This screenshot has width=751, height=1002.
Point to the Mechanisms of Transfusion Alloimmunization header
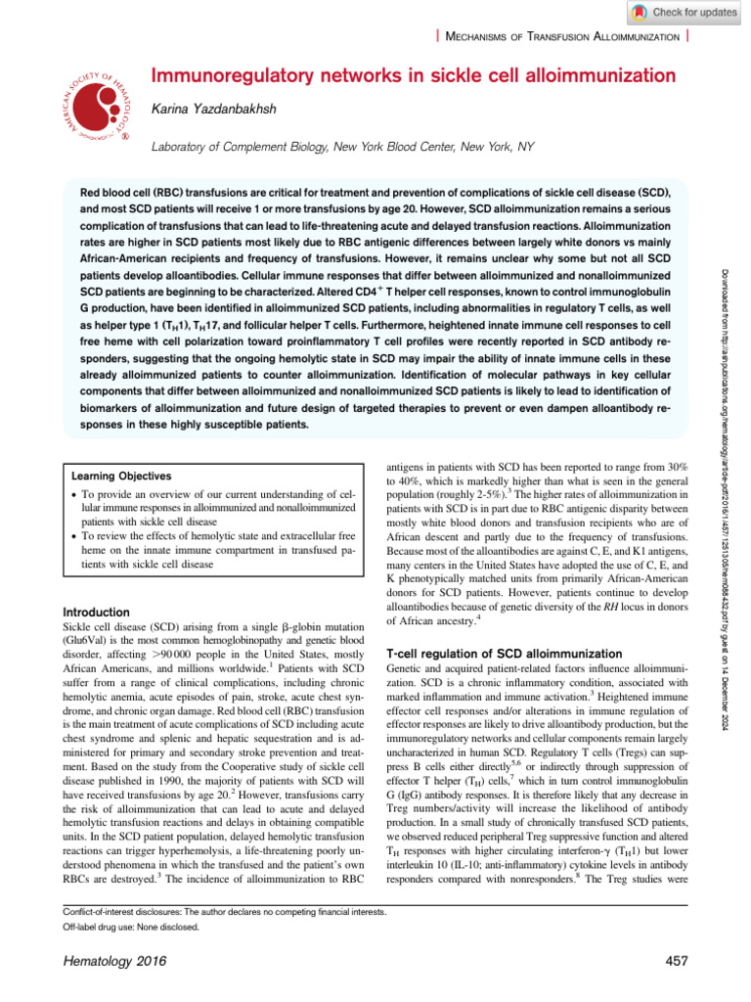563,36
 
